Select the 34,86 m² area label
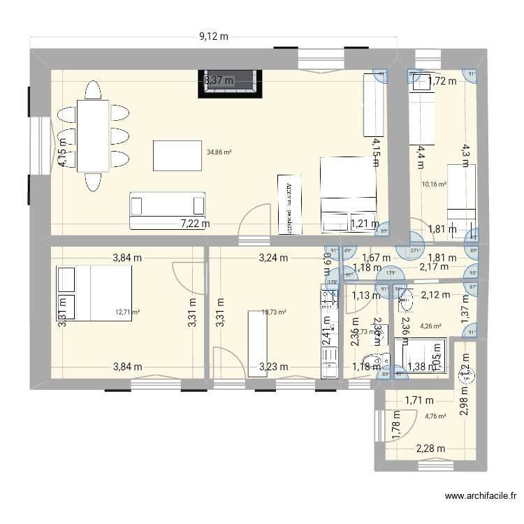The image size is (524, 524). (219, 151)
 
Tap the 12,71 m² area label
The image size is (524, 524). (128, 312)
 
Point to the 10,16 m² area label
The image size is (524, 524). (434, 184)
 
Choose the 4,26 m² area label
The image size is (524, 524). (430, 324)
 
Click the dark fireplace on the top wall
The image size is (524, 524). (233, 82)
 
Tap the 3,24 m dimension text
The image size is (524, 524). (273, 257)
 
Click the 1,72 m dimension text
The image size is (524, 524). (442, 81)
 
